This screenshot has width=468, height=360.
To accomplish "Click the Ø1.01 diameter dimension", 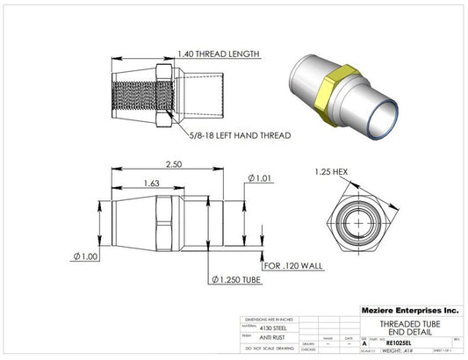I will pos(261,179).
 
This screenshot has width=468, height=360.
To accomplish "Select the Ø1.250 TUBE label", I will pos(238,279).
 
